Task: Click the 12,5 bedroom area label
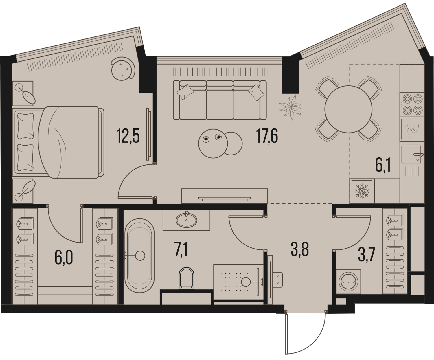click(x=128, y=136)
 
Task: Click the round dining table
click(x=348, y=109)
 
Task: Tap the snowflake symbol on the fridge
click(x=362, y=191)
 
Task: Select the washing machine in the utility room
click(x=348, y=282)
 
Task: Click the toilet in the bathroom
click(x=186, y=278)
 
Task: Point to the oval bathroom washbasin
click(x=186, y=220)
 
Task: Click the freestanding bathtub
click(x=139, y=256)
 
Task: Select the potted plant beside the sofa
click(x=290, y=108)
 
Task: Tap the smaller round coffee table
click(x=233, y=144)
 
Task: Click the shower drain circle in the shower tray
click(x=246, y=282)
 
